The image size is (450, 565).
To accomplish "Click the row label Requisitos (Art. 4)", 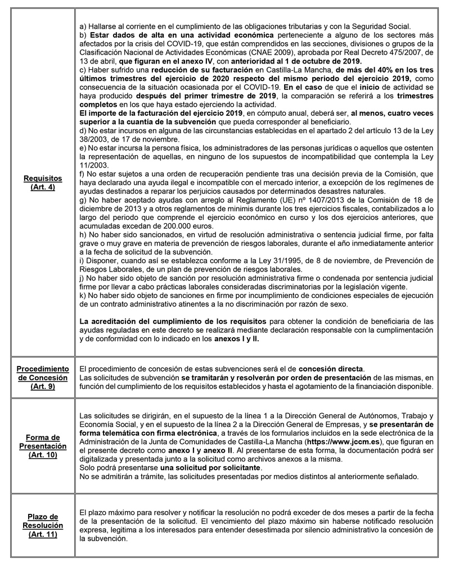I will (39, 183).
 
